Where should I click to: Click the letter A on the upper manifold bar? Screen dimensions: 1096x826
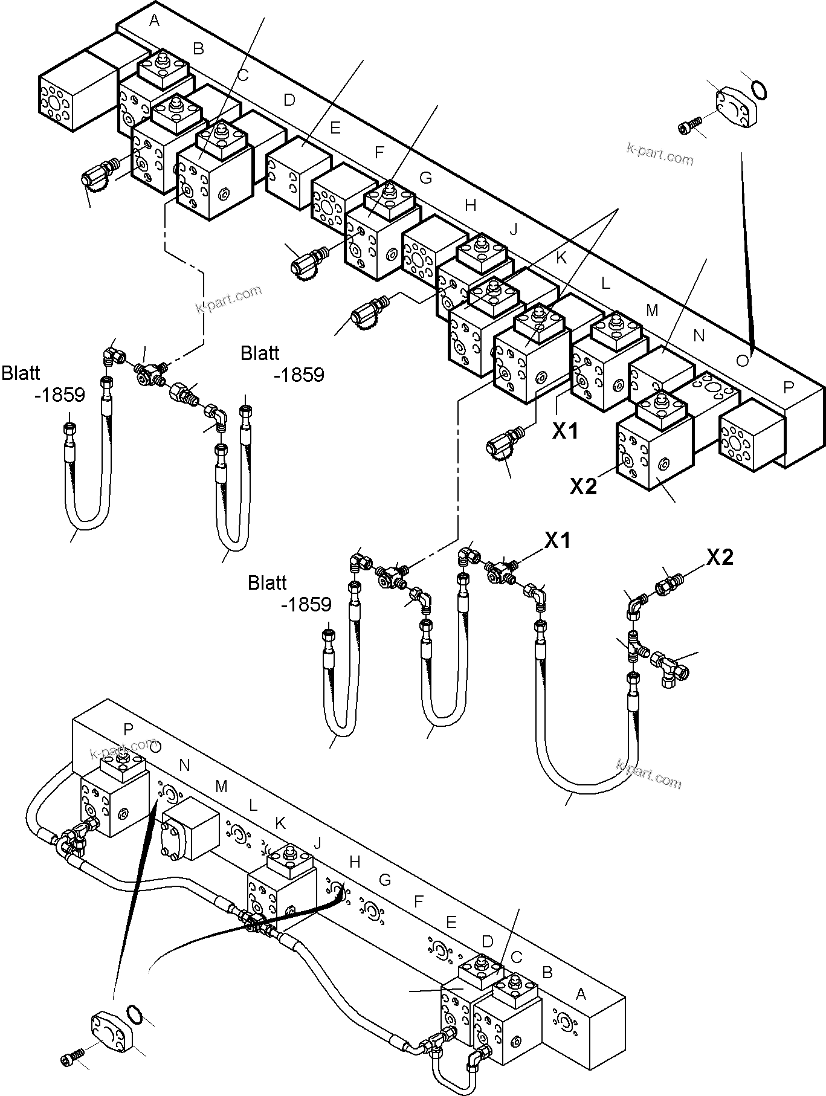coord(155,21)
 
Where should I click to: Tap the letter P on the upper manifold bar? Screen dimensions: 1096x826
coord(789,387)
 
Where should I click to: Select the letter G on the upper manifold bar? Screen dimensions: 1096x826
coord(426,178)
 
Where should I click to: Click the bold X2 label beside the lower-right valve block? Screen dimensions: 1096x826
coord(584,486)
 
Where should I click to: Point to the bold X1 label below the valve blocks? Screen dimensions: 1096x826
coord(566,431)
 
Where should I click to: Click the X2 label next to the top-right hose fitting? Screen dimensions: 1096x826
coord(720,557)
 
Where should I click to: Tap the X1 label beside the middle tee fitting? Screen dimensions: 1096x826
coord(558,540)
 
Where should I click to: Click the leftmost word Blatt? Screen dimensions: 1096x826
coord(22,373)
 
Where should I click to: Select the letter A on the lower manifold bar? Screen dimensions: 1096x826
coord(581,994)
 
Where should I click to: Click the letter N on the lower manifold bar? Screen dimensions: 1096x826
coord(184,766)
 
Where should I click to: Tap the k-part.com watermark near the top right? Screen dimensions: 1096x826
coord(660,155)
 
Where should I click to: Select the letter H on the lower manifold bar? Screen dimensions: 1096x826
coord(355,862)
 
